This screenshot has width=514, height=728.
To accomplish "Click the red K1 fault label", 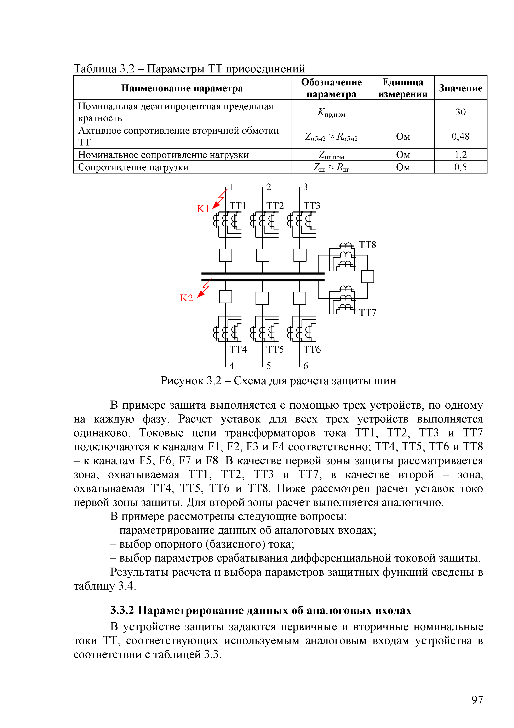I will [203, 209].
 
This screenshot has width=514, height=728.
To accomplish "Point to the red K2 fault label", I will [187, 298].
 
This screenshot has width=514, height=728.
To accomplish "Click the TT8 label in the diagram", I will [367, 245].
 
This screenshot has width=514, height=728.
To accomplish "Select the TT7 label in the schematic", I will [368, 313].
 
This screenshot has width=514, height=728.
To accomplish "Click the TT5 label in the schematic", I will [275, 349].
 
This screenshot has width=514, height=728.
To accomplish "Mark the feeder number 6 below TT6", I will [306, 366].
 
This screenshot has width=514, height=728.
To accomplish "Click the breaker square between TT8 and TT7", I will [367, 276].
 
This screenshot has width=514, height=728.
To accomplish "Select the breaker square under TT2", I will [263, 255].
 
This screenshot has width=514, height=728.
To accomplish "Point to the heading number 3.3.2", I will [122, 610].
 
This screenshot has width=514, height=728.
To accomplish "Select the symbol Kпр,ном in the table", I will [331, 112].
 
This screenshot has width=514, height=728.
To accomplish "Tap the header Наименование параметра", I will [182, 88].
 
